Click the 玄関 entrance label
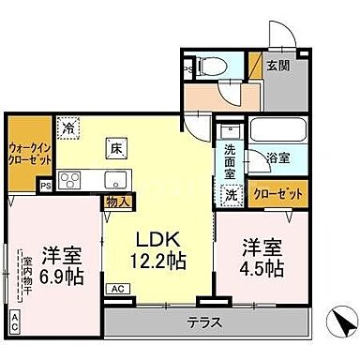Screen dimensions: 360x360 pyautogui.click(x=277, y=65)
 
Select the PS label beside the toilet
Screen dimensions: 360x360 pyautogui.click(x=187, y=68)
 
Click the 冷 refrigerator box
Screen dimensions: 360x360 pyautogui.click(x=67, y=124)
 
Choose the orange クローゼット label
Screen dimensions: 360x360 pyautogui.click(x=278, y=194)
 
